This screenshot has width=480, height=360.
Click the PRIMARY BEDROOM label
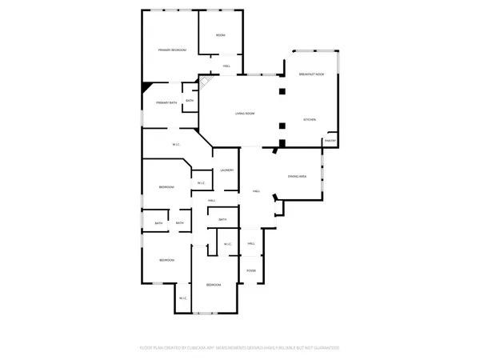coord(172,50)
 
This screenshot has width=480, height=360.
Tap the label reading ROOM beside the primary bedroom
coord(220,35)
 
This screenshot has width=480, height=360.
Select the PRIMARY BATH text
coord(166,103)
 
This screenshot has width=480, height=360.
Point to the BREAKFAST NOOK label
coord(311,74)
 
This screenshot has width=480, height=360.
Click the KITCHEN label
coord(309,120)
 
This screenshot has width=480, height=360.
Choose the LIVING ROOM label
coord(245,114)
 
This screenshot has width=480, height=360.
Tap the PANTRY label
coord(330,142)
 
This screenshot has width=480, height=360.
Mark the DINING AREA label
coord(298,176)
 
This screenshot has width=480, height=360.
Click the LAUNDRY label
coord(226,170)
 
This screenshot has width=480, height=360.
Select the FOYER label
coord(250,270)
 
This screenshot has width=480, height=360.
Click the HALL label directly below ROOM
coord(226,66)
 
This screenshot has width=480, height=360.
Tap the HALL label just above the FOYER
coord(250,243)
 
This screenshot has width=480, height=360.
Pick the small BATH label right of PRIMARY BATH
coord(190,101)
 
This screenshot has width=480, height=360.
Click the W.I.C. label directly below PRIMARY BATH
coord(176,144)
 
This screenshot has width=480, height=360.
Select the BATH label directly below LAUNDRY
coord(222,219)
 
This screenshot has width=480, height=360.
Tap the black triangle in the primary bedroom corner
coord(146,86)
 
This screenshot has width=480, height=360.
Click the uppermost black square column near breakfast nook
coord(282,91)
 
